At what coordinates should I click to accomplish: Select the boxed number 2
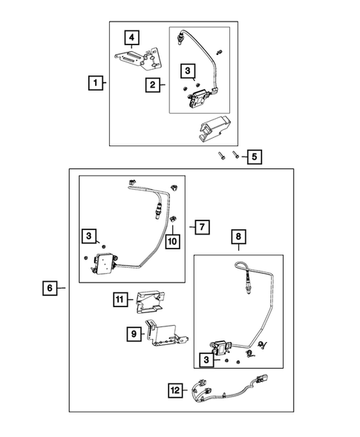pos(152,85)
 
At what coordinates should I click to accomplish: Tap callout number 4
pos(131,37)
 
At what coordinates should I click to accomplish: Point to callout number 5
pos(254,157)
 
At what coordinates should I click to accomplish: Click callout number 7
pos(202,226)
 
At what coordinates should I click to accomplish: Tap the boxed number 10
pos(171,241)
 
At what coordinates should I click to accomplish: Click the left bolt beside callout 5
pos(222,157)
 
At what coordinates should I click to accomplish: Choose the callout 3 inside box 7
pos(88,236)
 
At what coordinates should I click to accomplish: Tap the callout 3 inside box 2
pos(189,72)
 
